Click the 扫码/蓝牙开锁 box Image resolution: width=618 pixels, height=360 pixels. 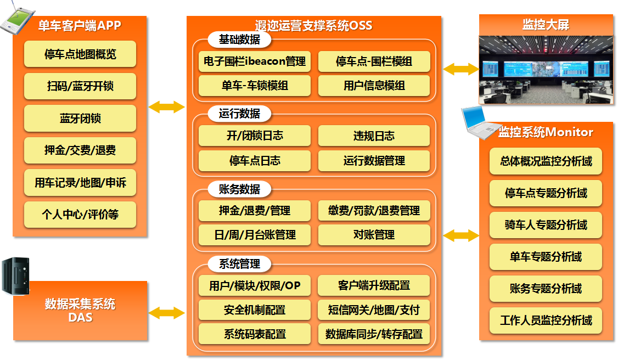(80, 87)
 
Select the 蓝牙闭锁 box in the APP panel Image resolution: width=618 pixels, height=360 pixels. (80, 119)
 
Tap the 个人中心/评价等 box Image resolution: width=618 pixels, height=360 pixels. (80, 215)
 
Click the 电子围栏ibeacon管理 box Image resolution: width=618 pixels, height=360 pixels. (255, 61)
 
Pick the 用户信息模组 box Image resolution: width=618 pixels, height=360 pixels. (374, 86)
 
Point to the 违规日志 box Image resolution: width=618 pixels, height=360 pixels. (374, 136)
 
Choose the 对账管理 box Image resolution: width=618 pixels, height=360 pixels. (374, 235)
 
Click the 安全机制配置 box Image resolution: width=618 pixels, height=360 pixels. (255, 310)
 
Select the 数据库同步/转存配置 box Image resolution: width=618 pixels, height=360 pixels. (374, 334)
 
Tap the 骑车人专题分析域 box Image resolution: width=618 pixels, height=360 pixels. (546, 225)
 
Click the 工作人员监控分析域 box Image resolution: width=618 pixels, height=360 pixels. (546, 320)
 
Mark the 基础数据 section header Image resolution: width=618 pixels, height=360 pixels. (239, 40)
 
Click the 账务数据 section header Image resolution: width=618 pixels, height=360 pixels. (239, 190)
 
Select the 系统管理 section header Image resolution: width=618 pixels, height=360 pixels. (239, 265)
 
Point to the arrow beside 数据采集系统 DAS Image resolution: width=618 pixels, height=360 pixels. (167, 313)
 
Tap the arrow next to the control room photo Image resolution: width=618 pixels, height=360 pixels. (460, 69)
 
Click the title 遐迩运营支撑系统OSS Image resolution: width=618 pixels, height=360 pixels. (313, 26)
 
